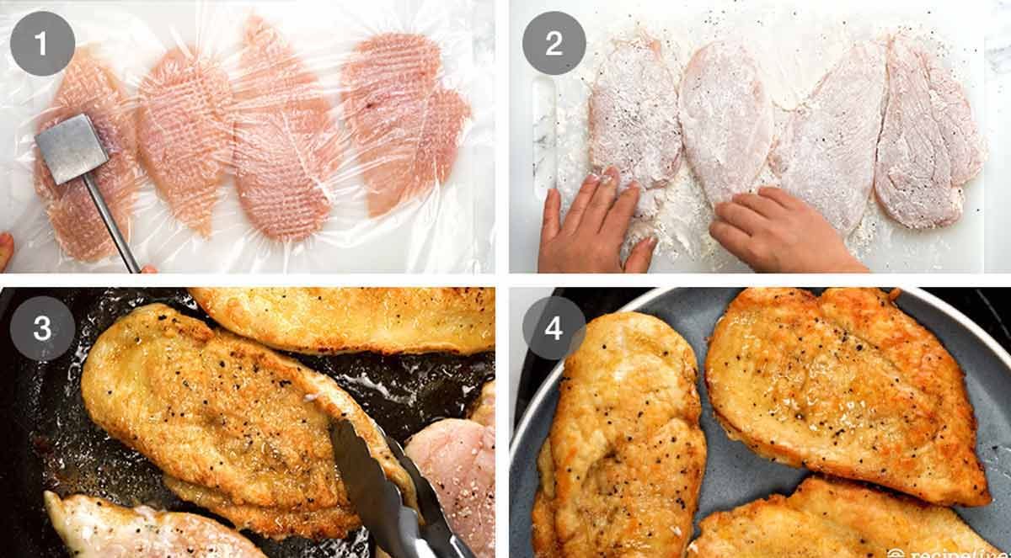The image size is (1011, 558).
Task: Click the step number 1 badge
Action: [42, 43]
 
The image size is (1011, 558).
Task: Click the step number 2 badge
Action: [554, 43]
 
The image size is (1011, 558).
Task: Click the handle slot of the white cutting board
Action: [543, 135]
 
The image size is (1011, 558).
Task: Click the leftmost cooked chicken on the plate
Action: [619, 438]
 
